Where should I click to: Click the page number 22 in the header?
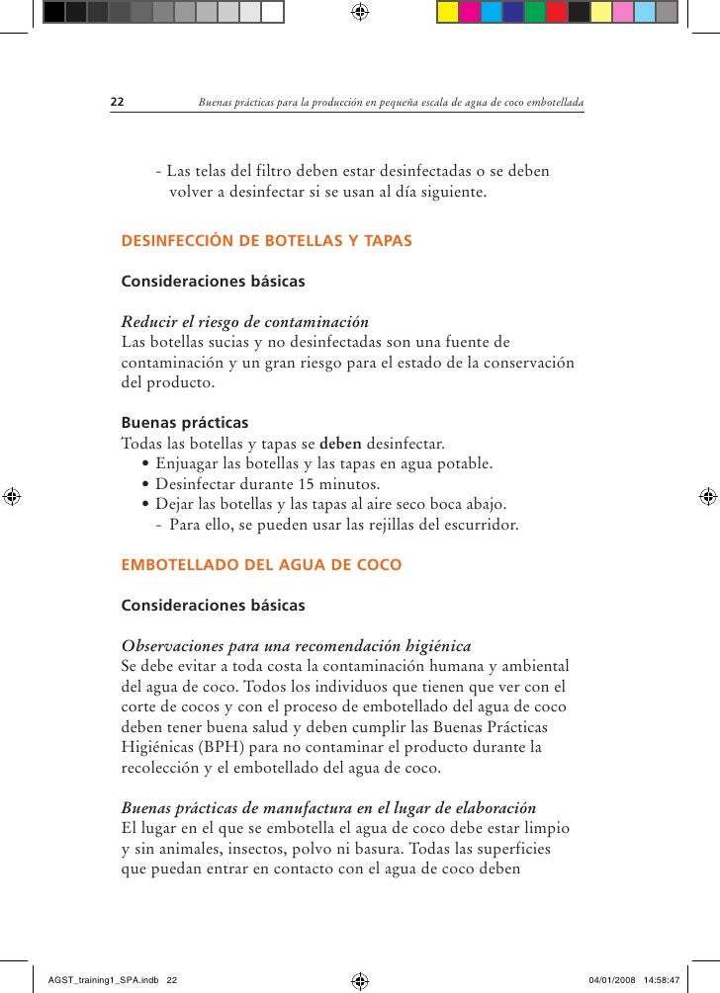click(x=116, y=102)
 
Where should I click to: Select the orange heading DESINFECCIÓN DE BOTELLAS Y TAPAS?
click(x=266, y=240)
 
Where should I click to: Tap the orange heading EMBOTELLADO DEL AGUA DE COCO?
click(x=261, y=565)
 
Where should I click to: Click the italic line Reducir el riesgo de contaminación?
click(x=244, y=322)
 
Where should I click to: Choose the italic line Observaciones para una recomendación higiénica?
click(x=295, y=647)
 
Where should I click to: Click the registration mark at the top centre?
click(x=360, y=12)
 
